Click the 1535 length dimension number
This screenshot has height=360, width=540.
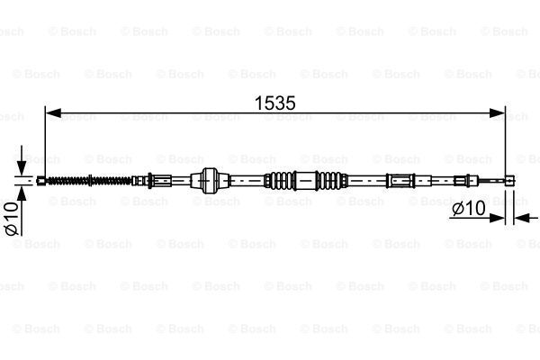(x=275, y=103)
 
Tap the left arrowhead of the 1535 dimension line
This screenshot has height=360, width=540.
(x=53, y=112)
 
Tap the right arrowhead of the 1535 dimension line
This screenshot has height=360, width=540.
(x=497, y=112)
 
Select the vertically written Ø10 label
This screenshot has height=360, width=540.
(x=12, y=219)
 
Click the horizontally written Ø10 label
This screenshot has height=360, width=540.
(x=469, y=208)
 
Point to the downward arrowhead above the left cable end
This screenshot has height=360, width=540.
(x=22, y=167)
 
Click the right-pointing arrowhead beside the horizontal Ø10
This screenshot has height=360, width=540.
(x=497, y=218)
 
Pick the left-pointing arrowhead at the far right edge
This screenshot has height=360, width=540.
(x=521, y=218)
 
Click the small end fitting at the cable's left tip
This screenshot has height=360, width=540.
(x=41, y=181)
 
